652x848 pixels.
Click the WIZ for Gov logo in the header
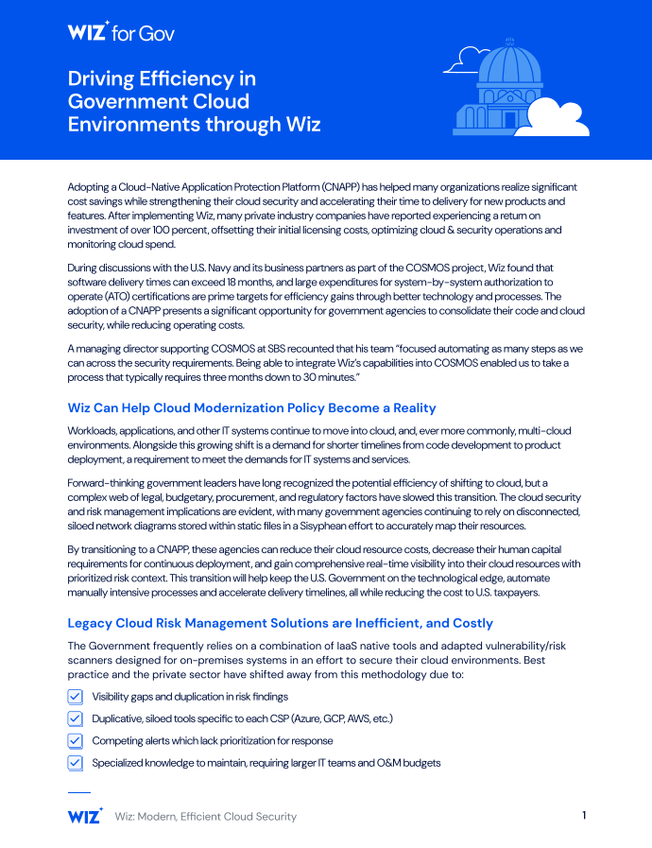121,33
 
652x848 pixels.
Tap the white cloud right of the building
561,118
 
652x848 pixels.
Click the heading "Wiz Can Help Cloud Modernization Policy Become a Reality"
251,407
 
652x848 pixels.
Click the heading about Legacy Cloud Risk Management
280,623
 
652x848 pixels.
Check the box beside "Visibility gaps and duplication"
76,697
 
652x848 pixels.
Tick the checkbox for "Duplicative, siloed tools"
76,718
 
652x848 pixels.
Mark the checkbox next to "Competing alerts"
76,741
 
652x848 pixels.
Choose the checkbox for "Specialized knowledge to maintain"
76,763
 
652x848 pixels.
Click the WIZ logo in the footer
85,815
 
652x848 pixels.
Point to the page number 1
584,815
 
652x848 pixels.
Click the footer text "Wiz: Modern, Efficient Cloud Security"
205,816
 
